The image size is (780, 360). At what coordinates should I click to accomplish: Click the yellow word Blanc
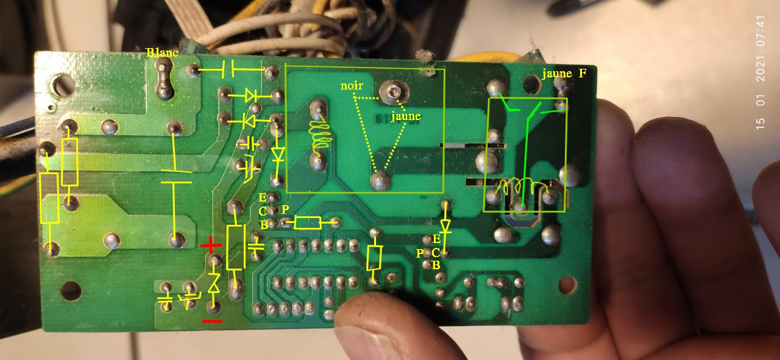click(x=162, y=53)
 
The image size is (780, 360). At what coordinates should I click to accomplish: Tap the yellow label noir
click(x=352, y=86)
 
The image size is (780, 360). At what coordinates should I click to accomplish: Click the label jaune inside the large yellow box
click(x=405, y=116)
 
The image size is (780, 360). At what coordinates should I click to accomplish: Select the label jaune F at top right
click(x=564, y=74)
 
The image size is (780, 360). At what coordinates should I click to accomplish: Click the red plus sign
click(x=211, y=246)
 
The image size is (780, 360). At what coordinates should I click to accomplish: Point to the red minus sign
click(x=212, y=321)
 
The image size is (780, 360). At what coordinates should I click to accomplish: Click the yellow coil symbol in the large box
click(x=319, y=135)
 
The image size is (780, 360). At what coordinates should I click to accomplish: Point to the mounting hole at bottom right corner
click(x=567, y=283)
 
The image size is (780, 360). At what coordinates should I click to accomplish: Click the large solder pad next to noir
click(x=391, y=92)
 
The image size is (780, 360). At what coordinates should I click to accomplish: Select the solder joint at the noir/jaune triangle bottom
click(x=380, y=179)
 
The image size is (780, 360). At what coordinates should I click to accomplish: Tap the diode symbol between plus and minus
click(x=214, y=283)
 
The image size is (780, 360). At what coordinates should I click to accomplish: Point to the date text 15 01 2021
click(x=760, y=97)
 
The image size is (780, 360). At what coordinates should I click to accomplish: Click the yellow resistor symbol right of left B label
click(x=307, y=223)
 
